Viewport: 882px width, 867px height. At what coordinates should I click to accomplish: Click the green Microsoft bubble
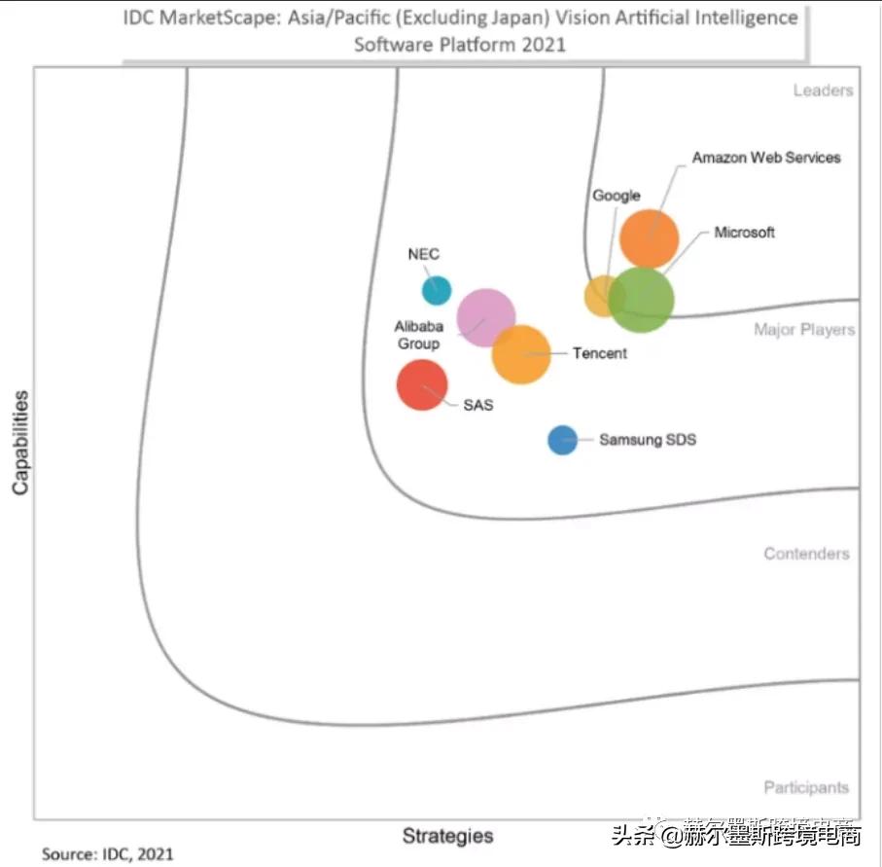[x=642, y=300]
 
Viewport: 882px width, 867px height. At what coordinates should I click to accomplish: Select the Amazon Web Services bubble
[x=649, y=238]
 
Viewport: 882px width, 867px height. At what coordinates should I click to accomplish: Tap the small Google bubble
[x=602, y=296]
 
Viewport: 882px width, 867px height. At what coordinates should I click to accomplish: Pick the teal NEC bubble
[x=437, y=290]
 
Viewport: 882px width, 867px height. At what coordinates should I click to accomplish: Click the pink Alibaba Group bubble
[x=485, y=317]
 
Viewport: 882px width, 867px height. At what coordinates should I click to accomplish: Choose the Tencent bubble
[x=521, y=354]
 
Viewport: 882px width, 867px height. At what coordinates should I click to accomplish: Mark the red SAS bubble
[x=422, y=384]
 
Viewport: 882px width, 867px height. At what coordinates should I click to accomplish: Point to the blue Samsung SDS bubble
[x=562, y=440]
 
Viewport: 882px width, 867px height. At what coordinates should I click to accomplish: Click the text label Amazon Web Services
[x=766, y=157]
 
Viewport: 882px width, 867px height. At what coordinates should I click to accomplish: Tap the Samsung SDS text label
[x=647, y=440]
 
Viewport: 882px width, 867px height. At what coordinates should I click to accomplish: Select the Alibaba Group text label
[x=418, y=335]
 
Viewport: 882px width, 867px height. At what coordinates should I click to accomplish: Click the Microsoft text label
[x=744, y=233]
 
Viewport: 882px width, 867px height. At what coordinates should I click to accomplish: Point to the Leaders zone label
[x=823, y=90]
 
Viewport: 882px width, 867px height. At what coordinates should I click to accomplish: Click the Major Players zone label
[x=804, y=330]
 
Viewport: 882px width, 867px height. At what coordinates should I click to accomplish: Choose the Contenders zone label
[x=806, y=554]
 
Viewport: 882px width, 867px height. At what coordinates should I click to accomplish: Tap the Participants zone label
[x=805, y=787]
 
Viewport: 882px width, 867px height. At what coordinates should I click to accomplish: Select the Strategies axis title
[x=447, y=835]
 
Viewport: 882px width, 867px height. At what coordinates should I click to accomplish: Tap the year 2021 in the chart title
[x=542, y=44]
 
